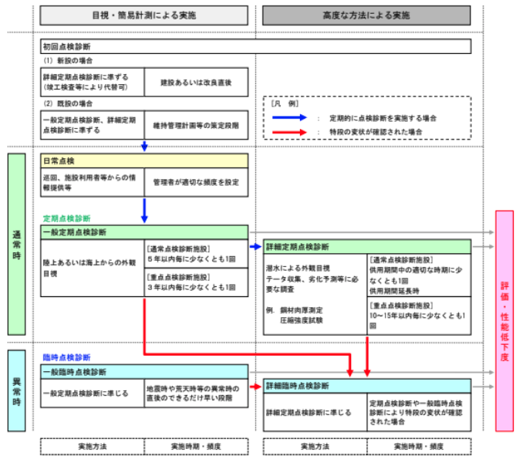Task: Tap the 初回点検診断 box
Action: click(255, 46)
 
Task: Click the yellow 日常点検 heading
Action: click(144, 160)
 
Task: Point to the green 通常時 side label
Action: click(17, 244)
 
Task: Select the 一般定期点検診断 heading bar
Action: click(144, 232)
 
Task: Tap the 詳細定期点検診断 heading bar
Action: click(367, 247)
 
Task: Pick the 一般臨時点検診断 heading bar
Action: click(144, 372)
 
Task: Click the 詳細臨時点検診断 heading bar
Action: click(367, 385)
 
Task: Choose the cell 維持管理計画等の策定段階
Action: click(195, 125)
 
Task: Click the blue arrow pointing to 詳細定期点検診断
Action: click(255, 247)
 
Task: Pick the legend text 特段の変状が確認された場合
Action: click(376, 132)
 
